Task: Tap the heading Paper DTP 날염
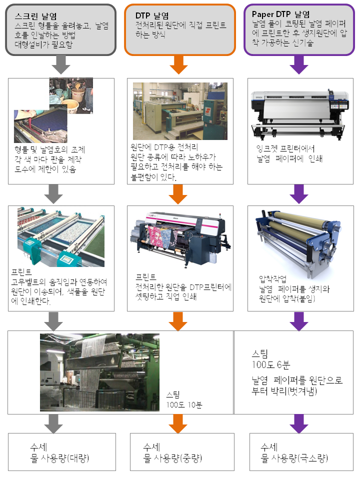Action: coord(281,14)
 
